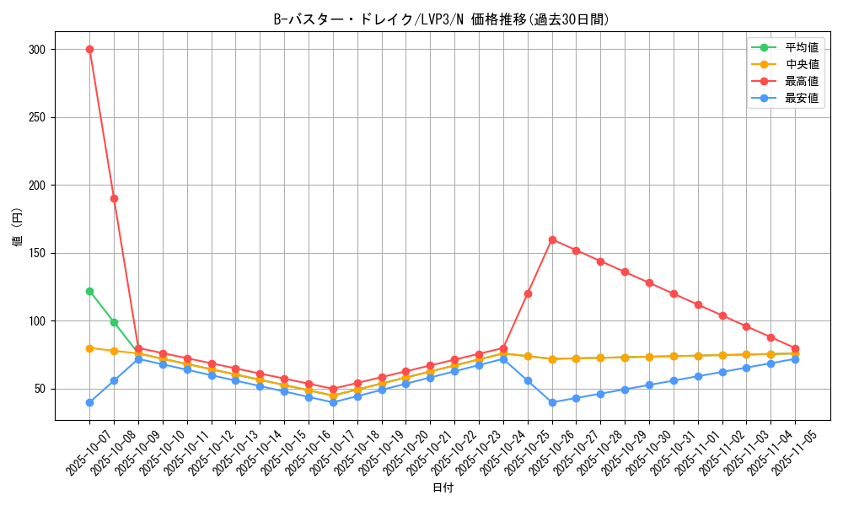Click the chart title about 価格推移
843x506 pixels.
point(441,19)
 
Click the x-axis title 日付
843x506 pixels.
point(443,488)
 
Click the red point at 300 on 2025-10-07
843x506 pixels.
point(89,49)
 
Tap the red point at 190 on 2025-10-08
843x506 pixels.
point(114,198)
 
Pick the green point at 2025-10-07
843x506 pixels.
point(89,291)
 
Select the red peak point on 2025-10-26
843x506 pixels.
point(552,240)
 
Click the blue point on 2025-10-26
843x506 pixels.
point(552,402)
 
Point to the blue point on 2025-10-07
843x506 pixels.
point(89,402)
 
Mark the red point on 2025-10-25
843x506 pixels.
point(528,293)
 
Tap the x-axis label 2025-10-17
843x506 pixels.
point(316,455)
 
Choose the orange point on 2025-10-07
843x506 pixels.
point(89,347)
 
